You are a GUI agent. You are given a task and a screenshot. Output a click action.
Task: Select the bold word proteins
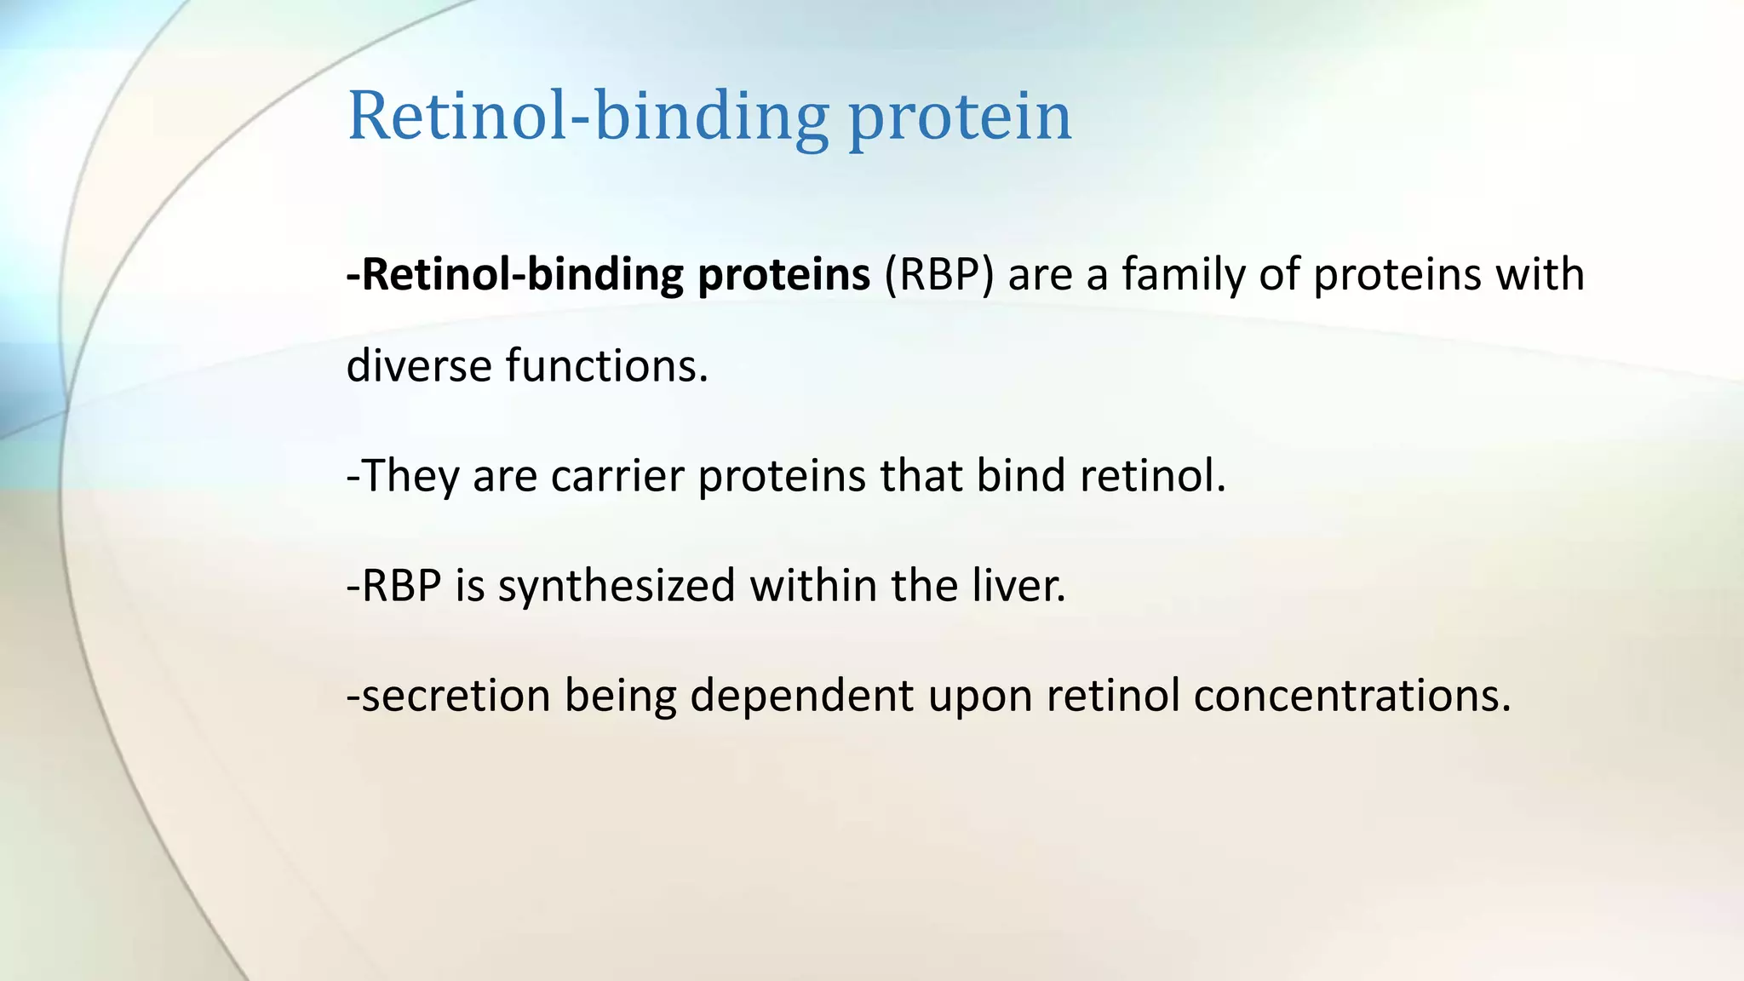(783, 275)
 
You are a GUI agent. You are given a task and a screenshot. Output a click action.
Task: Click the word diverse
(418, 365)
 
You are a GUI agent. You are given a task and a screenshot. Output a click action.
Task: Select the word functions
(607, 365)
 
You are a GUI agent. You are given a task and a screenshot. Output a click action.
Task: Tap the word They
(410, 475)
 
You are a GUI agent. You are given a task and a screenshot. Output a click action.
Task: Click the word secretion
(455, 696)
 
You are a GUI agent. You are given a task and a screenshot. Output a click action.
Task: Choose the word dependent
(801, 696)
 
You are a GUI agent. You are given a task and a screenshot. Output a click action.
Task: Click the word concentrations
(1352, 696)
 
